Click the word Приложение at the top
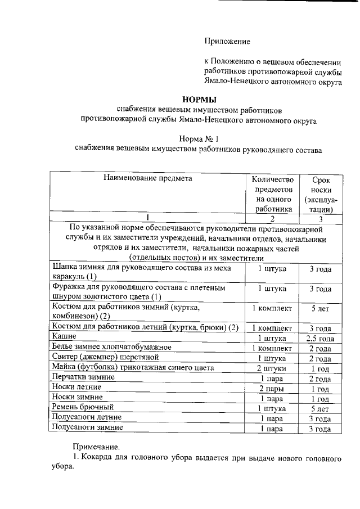226,41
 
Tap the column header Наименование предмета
148,178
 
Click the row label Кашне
64,337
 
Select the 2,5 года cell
319,338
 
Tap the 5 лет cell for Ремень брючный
319,408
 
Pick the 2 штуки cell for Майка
272,368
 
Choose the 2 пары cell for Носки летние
272,389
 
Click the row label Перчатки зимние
83,377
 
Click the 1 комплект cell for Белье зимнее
272,348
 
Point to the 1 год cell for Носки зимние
319,398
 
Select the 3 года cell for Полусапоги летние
319,419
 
